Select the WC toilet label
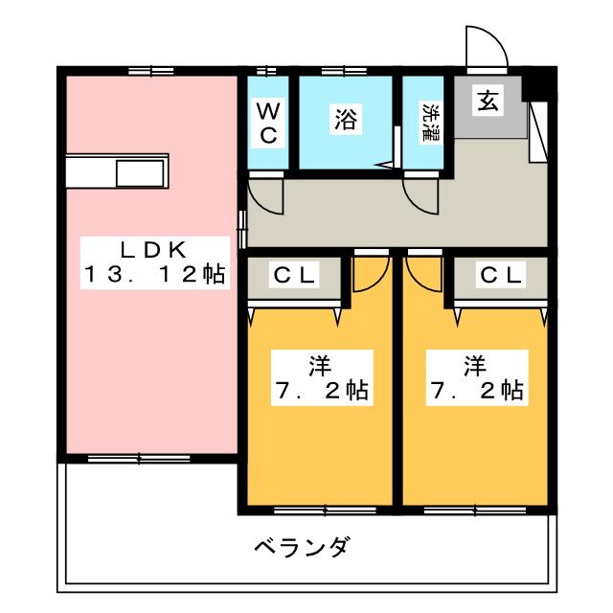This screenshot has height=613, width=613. (268, 122)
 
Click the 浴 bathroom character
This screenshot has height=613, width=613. (345, 120)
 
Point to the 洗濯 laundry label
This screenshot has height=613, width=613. (426, 123)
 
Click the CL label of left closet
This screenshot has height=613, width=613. (295, 276)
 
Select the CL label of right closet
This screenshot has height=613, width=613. (501, 276)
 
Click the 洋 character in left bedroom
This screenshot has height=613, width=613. (319, 364)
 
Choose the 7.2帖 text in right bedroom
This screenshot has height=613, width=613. (476, 391)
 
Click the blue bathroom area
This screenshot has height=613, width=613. (345, 144)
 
